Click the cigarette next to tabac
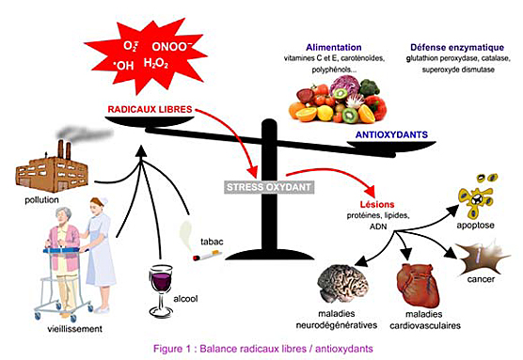point(207,256)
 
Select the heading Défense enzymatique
point(457,46)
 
